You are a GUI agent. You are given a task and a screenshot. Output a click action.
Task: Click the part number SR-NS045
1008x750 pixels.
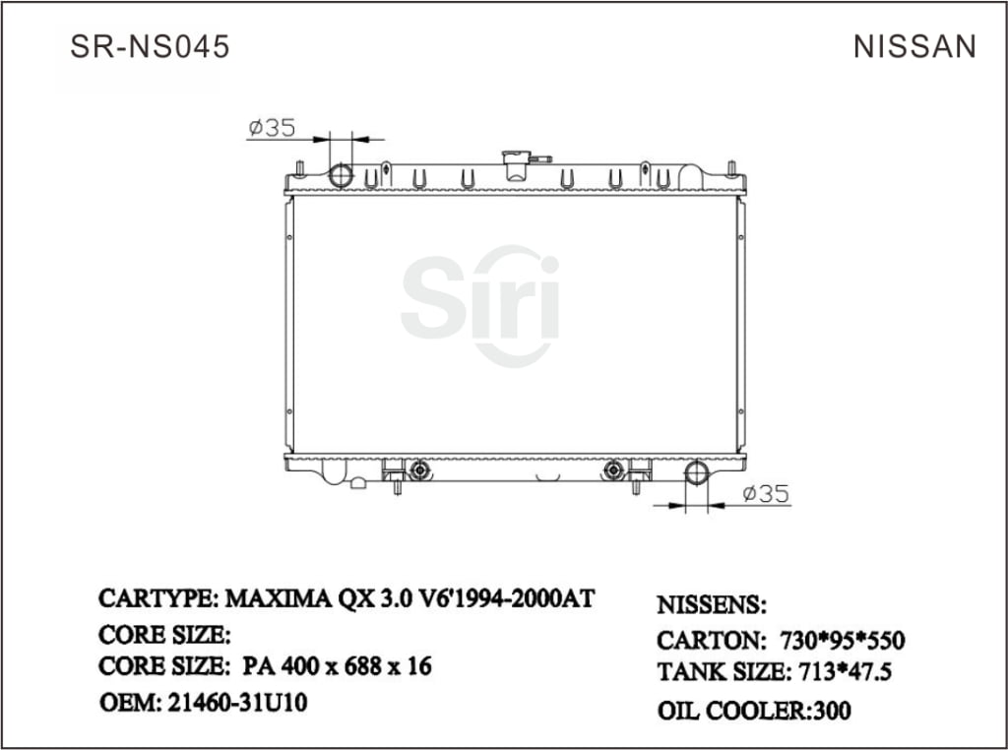click(x=150, y=46)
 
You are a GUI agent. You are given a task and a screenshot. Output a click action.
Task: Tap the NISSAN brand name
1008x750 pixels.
click(x=914, y=46)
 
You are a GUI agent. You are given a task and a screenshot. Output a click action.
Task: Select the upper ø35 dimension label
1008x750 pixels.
click(x=273, y=128)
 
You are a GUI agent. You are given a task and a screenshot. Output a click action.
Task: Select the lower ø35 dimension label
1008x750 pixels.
click(x=766, y=494)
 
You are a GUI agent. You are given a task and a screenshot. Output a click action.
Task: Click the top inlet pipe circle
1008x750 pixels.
click(x=341, y=175)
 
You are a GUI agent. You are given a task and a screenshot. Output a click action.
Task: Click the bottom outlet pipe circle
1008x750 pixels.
click(x=696, y=472)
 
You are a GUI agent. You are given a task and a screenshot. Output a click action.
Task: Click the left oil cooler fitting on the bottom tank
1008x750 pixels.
click(x=420, y=469)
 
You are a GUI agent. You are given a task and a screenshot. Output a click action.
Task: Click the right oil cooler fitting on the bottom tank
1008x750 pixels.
click(x=614, y=469)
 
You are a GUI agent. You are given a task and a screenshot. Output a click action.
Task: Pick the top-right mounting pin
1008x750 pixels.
click(x=731, y=167)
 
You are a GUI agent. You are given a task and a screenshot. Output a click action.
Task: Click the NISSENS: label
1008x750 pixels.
click(x=711, y=604)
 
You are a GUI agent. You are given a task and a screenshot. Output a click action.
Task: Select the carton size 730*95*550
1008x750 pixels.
click(x=842, y=641)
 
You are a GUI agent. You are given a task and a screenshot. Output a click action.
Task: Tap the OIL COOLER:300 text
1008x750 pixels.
click(x=753, y=710)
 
